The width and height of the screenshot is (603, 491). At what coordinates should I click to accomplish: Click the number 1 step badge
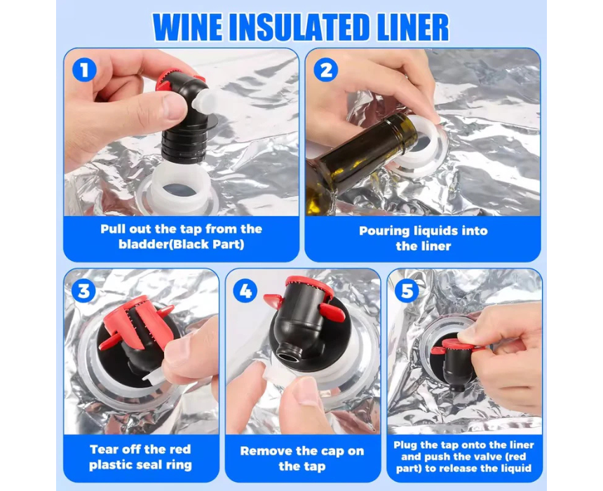click(84, 69)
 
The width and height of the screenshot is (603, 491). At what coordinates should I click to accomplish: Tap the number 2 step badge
click(326, 70)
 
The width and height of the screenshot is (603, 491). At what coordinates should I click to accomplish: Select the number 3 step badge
click(83, 290)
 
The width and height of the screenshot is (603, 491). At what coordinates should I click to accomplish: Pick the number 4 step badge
click(245, 290)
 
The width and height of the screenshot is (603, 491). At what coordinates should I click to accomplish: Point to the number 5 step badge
click(407, 290)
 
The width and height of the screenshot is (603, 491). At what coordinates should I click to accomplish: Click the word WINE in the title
click(188, 27)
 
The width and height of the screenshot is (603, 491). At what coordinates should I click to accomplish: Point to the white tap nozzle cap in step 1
click(204, 101)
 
